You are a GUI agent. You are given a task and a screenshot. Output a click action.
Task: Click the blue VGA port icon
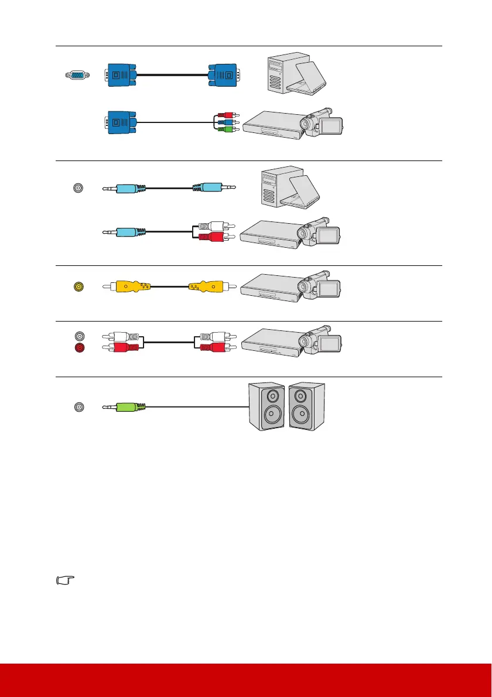coord(77,75)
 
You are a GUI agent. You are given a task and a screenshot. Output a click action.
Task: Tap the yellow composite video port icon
coord(77,287)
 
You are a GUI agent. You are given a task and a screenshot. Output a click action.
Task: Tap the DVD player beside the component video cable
coord(272,125)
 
